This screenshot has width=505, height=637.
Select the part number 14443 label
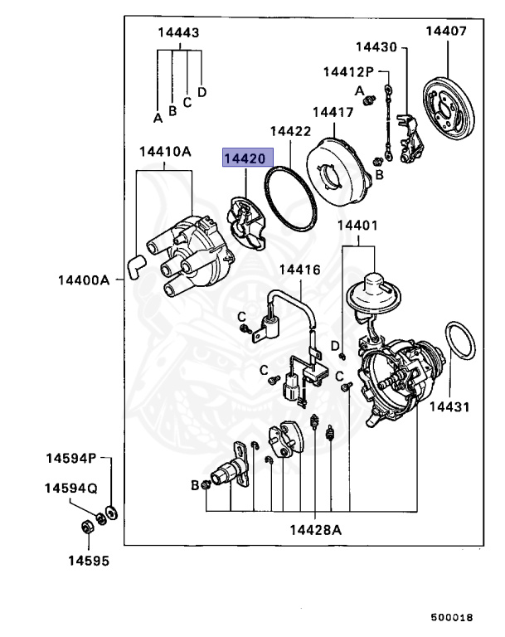pos(178,33)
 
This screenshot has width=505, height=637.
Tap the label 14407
pos(447,32)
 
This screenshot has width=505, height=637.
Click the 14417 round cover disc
pos(339,170)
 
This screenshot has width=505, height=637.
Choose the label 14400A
pos(84,280)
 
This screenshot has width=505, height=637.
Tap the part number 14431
pos(449,407)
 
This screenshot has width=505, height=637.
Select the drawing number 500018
pos(451,617)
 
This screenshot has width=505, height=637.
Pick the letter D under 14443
pos(202,91)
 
